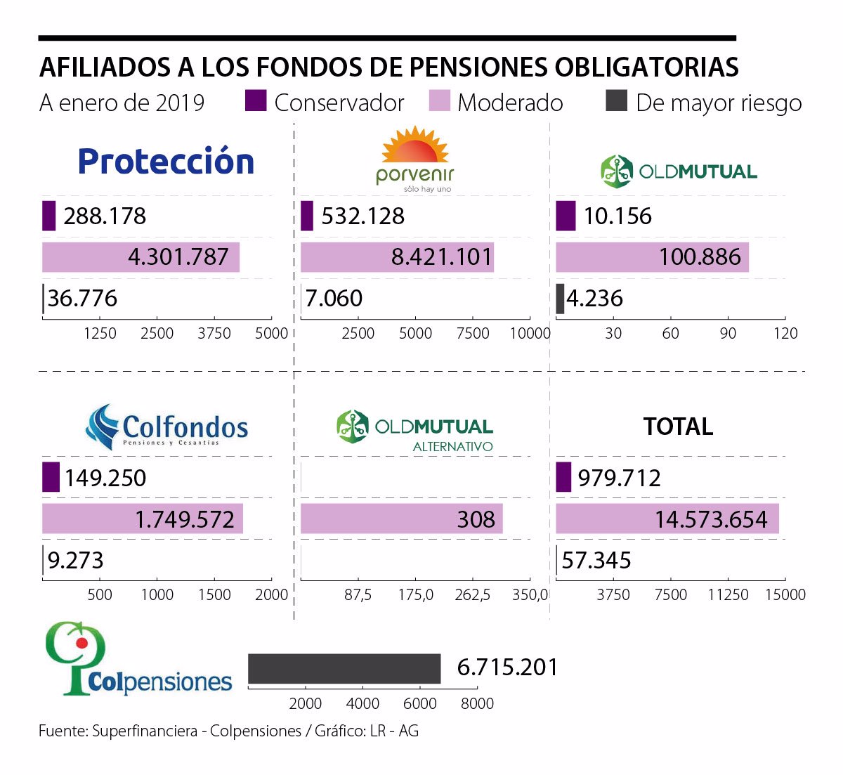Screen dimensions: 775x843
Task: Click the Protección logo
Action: (166, 162)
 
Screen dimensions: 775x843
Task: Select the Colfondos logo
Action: (167, 427)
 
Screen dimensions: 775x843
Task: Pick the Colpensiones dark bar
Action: (344, 668)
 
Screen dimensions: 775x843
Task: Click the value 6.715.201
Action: (507, 667)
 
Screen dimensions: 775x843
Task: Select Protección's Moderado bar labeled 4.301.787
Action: (140, 257)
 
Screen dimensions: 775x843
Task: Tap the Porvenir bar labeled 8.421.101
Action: (397, 257)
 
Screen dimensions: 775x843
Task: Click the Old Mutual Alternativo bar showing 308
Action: (401, 519)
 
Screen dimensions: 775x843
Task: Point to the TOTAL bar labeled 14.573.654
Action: (667, 519)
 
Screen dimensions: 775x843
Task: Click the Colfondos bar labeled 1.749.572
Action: (142, 519)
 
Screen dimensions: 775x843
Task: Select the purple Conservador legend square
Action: (256, 101)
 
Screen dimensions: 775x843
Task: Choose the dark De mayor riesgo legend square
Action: (616, 101)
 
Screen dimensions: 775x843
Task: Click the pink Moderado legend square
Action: (439, 101)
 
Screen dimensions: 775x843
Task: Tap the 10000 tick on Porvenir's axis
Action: (530, 333)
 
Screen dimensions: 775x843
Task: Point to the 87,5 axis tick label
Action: (358, 595)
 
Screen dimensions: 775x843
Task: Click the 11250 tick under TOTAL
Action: (728, 595)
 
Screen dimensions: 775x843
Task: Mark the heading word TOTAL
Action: (678, 426)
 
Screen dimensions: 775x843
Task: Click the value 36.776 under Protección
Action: (82, 299)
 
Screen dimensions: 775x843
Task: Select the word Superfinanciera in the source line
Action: (145, 731)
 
